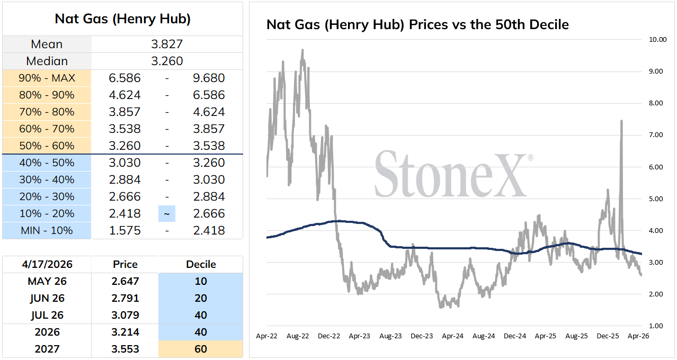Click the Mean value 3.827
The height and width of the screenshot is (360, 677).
click(x=167, y=44)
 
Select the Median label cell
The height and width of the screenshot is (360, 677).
click(x=47, y=61)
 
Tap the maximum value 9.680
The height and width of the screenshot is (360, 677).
click(x=209, y=78)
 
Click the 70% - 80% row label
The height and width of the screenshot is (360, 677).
click(x=47, y=112)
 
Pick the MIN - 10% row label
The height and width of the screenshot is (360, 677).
click(x=47, y=230)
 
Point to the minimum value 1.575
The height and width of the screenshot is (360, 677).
click(x=125, y=230)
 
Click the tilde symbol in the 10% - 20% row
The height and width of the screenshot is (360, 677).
click(x=167, y=214)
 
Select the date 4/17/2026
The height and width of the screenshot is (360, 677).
click(x=47, y=264)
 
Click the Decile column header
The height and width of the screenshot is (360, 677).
click(x=201, y=264)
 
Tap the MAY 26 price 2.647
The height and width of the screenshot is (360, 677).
click(x=125, y=281)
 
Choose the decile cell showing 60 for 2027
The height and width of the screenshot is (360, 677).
click(x=201, y=349)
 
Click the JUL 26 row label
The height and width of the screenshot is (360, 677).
click(x=47, y=315)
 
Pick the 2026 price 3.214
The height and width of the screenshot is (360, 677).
click(x=125, y=332)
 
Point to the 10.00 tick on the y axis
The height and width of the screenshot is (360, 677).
click(x=657, y=40)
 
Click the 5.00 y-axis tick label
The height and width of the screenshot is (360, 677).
click(x=656, y=199)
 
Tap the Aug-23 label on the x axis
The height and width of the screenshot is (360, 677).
click(x=390, y=336)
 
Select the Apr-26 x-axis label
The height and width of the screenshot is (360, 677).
click(x=638, y=336)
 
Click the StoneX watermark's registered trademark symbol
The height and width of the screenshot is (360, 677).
click(x=530, y=158)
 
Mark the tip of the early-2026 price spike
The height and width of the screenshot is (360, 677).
click(x=621, y=121)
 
